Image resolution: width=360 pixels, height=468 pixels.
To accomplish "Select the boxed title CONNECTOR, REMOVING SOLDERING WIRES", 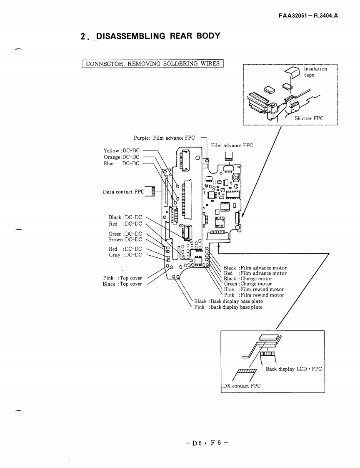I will click(153, 63).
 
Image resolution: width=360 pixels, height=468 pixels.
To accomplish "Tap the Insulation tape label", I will click(315, 72).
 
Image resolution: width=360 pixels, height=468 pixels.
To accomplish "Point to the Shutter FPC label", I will click(309, 118).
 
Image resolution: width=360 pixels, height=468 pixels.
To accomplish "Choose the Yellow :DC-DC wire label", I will click(122, 151).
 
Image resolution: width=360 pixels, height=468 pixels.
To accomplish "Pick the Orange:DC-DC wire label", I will click(122, 157).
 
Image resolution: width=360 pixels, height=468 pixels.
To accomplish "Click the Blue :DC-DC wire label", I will click(122, 164).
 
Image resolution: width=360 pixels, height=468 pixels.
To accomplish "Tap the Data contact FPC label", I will click(123, 192).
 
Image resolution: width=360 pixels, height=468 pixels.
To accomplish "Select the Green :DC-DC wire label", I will click(125, 234).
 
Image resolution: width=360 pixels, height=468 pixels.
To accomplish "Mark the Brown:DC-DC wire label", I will click(125, 239).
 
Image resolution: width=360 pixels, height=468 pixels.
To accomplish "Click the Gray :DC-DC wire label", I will click(125, 255).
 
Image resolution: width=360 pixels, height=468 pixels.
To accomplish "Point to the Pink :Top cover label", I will click(122, 278).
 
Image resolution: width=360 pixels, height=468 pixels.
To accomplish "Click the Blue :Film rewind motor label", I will click(254, 289).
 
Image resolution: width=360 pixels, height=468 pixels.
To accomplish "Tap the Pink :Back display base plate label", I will click(228, 307).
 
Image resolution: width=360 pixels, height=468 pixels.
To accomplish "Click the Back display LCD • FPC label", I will click(294, 369).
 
